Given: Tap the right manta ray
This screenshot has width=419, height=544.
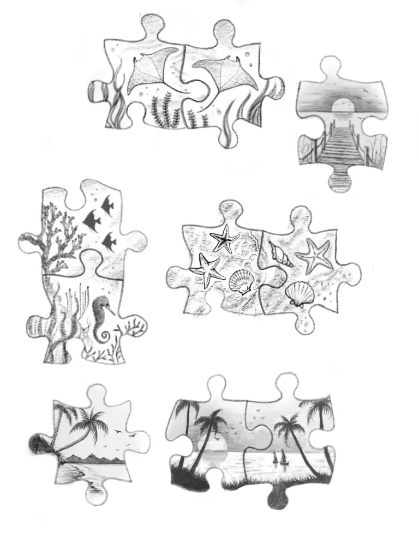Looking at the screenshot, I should pyautogui.click(x=229, y=71).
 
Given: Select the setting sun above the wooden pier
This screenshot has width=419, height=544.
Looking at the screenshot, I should pyautogui.click(x=342, y=102).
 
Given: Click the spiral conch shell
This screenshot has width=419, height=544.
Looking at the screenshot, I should pyautogui.click(x=280, y=254).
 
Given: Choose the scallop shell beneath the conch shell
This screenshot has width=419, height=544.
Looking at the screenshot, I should pyautogui.click(x=300, y=295).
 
